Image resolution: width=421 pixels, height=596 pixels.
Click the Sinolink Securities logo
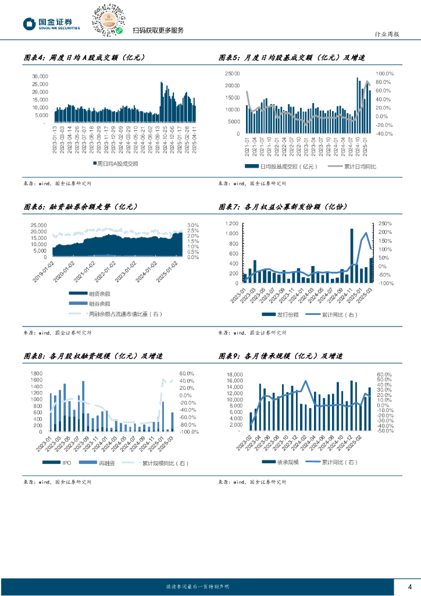click(x=51, y=23)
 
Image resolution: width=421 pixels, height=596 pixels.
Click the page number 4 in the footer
click(x=410, y=586)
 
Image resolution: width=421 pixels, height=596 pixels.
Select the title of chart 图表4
click(x=84, y=58)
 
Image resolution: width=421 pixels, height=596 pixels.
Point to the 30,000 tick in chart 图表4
click(x=39, y=76)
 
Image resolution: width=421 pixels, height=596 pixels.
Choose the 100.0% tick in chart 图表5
click(x=385, y=74)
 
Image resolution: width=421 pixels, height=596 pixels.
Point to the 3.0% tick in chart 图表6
click(x=193, y=225)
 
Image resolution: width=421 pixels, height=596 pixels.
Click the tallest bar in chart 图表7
click(x=352, y=256)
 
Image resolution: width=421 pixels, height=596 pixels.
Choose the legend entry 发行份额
click(x=283, y=314)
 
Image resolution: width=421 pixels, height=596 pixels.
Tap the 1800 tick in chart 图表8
click(x=35, y=374)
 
